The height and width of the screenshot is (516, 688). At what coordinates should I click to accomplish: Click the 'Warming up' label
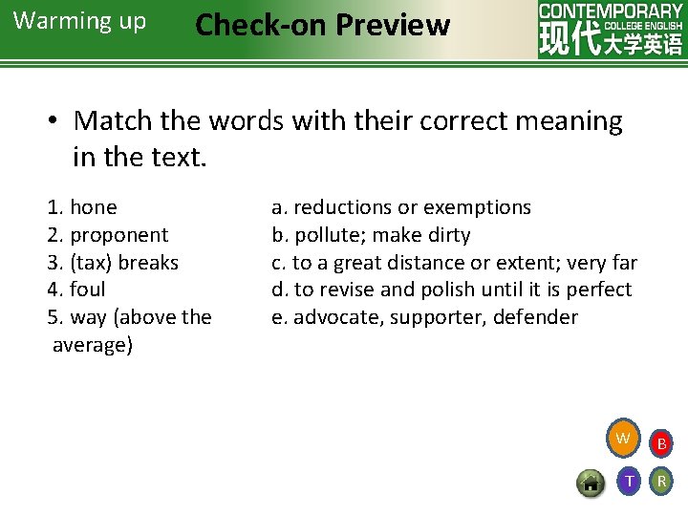pos(80,21)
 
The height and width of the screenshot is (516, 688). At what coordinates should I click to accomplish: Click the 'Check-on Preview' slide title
pos(322,25)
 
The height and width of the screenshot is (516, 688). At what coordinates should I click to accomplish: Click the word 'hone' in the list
pos(94,207)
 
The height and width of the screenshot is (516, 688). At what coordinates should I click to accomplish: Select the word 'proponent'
pos(119,235)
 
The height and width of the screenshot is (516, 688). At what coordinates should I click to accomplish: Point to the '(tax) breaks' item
pos(124,262)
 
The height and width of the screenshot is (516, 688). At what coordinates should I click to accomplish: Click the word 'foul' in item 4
pos(88,290)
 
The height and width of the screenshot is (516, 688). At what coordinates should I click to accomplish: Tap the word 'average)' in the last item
pos(93,345)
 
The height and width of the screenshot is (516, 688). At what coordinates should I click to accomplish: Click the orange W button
pos(623,439)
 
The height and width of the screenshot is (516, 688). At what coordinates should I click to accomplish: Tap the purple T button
pos(628,481)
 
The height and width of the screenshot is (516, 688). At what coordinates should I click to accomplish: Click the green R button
pos(660,481)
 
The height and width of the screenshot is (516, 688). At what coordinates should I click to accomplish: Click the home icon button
pos(591,483)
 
